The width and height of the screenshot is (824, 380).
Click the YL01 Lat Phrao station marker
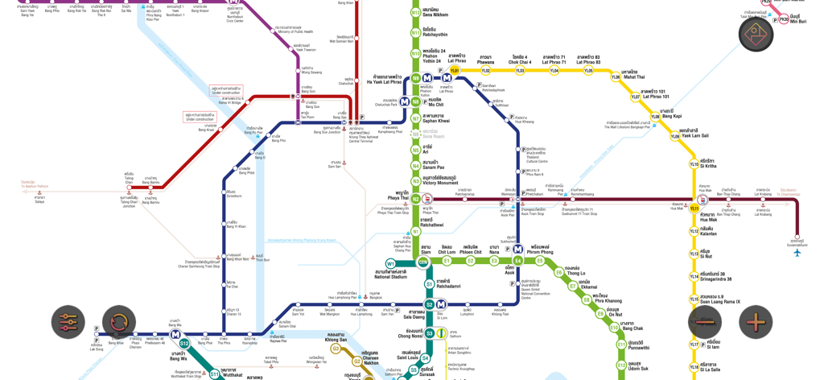tap(455, 71)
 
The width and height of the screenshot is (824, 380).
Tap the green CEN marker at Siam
tap(422, 262)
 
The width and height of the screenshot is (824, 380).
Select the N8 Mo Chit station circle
tap(416, 101)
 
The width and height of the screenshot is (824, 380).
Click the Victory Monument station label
tap(439, 180)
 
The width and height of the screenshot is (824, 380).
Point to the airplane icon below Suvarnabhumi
tap(797, 253)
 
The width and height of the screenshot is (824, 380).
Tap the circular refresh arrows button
tap(119, 322)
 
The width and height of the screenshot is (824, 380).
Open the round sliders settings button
tap(68, 322)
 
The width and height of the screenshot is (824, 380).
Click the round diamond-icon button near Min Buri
tap(756, 34)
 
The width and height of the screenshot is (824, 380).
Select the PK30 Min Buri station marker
tap(784, 19)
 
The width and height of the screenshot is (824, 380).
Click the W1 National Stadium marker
tap(390, 263)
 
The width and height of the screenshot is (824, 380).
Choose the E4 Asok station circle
tap(518, 261)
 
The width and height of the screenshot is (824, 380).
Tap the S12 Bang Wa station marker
tap(184, 344)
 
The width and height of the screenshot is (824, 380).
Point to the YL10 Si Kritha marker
tap(694, 164)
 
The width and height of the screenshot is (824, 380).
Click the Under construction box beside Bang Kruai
tap(199, 117)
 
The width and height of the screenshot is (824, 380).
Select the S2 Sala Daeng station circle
tap(430, 304)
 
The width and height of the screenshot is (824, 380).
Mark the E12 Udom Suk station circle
tap(621, 365)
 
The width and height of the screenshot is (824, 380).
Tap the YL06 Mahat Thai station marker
tap(616, 77)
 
